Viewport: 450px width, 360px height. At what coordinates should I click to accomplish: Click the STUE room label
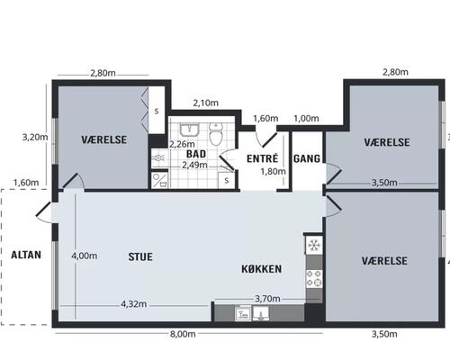coord(139,256)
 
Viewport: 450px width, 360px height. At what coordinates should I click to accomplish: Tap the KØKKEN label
coord(263,269)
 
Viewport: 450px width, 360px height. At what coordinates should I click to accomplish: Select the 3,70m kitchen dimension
coord(268,299)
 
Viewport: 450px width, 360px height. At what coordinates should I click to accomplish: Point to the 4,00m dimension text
coord(84,256)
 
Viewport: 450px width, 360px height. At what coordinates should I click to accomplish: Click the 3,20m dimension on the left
coord(33,138)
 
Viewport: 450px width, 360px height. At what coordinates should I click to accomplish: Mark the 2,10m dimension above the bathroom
coord(206,103)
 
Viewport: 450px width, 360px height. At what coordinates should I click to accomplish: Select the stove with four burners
coord(314,278)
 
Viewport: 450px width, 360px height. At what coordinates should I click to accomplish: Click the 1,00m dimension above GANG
coord(306,118)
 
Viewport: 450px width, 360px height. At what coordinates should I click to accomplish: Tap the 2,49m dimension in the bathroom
coord(195,165)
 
